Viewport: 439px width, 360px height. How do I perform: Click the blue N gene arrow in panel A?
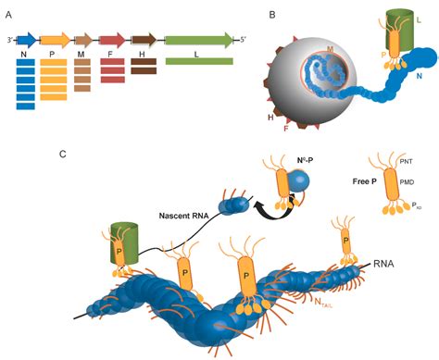(x=26, y=40)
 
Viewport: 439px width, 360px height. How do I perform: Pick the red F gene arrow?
(x=112, y=40)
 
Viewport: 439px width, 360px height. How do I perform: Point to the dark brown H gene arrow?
(x=144, y=40)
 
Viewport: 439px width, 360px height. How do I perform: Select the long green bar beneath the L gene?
(x=198, y=61)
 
